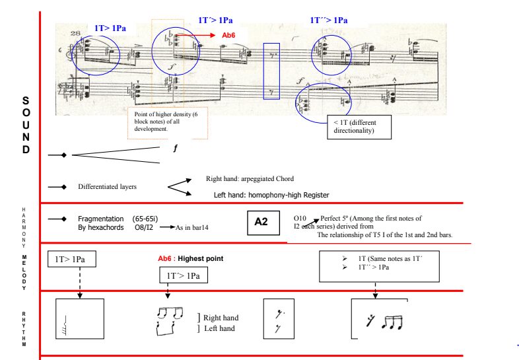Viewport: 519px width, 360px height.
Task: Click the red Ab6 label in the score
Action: pos(228,34)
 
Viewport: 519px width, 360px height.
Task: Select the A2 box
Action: pos(261,222)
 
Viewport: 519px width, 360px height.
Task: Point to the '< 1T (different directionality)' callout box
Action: pos(359,127)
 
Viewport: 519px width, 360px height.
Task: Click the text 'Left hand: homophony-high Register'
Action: pos(270,195)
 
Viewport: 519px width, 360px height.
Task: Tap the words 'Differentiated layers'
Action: pos(107,187)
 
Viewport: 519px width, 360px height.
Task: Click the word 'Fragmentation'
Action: pos(100,218)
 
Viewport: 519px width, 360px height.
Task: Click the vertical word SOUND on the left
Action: pos(26,124)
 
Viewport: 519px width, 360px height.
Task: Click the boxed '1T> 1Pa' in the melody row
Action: pos(72,260)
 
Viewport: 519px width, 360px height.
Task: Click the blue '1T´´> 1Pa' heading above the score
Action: pos(329,20)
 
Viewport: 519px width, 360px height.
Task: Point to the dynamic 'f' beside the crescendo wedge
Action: pos(176,149)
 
